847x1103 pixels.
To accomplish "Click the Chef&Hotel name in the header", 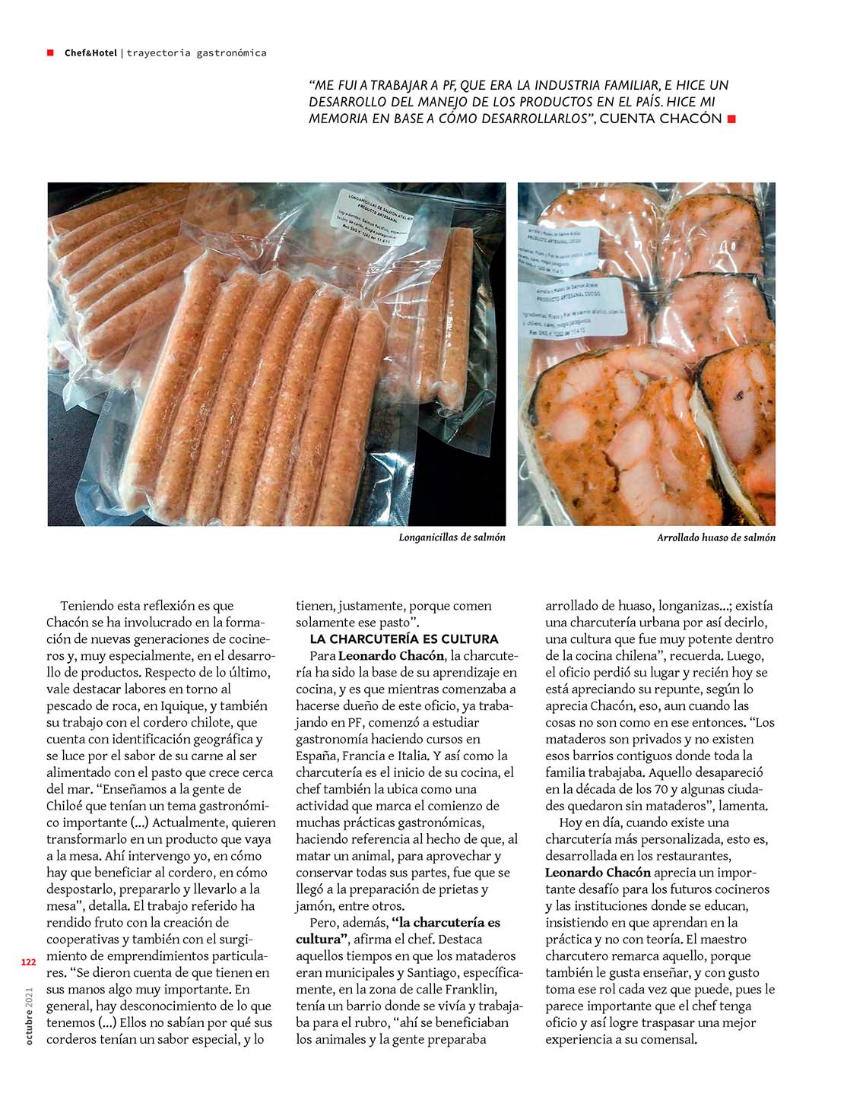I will point(90,52).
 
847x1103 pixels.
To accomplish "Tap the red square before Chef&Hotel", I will point(50,52).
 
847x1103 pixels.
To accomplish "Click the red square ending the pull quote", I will point(731,119).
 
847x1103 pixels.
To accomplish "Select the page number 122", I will point(29,962).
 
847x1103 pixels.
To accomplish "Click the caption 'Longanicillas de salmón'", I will point(452,537).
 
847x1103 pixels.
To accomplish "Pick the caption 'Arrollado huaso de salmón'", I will point(716,537).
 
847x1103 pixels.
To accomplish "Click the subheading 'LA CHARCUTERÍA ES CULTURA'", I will point(404,639).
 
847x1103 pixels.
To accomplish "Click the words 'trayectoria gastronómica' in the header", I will point(196,52).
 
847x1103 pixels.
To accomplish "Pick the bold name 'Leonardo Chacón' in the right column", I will point(598,873).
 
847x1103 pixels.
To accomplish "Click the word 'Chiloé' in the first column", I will point(66,806).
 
